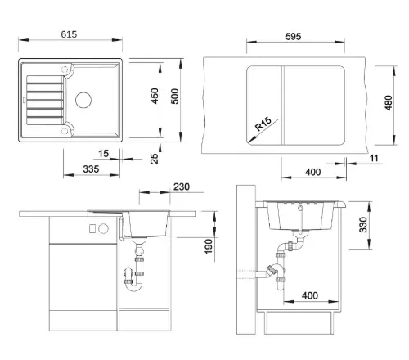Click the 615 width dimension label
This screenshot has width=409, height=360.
coord(69,34)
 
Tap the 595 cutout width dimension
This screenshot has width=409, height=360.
coord(293,37)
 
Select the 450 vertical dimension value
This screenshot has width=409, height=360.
coord(155,96)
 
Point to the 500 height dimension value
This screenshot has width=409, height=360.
coord(175,97)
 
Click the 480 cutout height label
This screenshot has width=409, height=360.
coord(389,103)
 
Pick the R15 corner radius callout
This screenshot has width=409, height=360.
coord(263,124)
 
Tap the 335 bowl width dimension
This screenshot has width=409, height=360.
coord(91,169)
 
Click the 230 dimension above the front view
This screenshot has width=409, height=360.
coord(182,187)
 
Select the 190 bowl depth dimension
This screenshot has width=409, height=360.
coord(209,246)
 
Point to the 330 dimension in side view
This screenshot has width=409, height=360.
coord(363,225)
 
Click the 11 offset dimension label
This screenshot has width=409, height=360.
coord(374,158)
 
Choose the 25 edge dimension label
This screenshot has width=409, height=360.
coord(155,159)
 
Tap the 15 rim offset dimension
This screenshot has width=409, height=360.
coord(104,154)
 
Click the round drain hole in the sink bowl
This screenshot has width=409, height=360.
coord(83,100)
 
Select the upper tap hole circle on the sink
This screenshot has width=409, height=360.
coord(65,70)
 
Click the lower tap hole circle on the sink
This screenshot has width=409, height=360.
coord(65,131)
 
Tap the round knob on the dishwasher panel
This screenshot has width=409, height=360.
coord(103,228)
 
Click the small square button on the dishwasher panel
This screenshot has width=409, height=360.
coord(92,228)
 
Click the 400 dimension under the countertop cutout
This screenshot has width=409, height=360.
coord(312,172)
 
